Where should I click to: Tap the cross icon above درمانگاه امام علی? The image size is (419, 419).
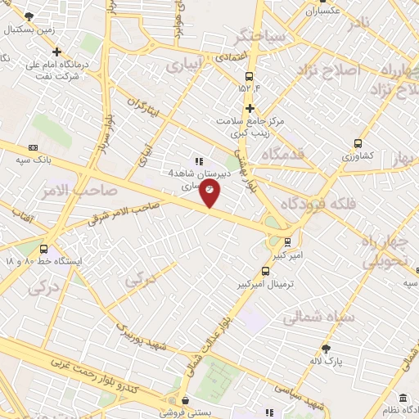tap(56, 52)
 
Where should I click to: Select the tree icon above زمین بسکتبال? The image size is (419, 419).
tap(29, 16)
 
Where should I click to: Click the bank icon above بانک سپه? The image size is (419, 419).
tap(33, 147)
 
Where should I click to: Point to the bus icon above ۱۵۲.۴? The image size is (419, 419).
tap(250, 77)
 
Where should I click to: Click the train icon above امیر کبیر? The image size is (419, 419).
tap(286, 241)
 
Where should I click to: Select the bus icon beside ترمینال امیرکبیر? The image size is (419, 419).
tap(265, 271)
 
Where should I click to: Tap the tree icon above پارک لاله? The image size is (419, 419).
tap(327, 349)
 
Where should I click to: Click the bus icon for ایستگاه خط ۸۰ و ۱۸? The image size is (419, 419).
tap(43, 250)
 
